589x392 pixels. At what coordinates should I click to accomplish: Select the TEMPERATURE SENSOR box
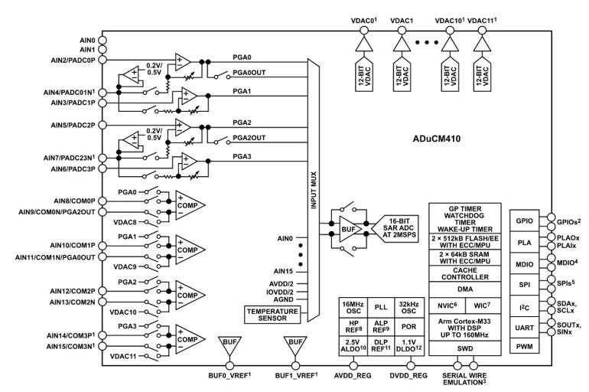point(272,313)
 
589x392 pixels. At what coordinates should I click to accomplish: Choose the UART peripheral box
point(526,327)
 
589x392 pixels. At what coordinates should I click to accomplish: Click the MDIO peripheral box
point(526,263)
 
